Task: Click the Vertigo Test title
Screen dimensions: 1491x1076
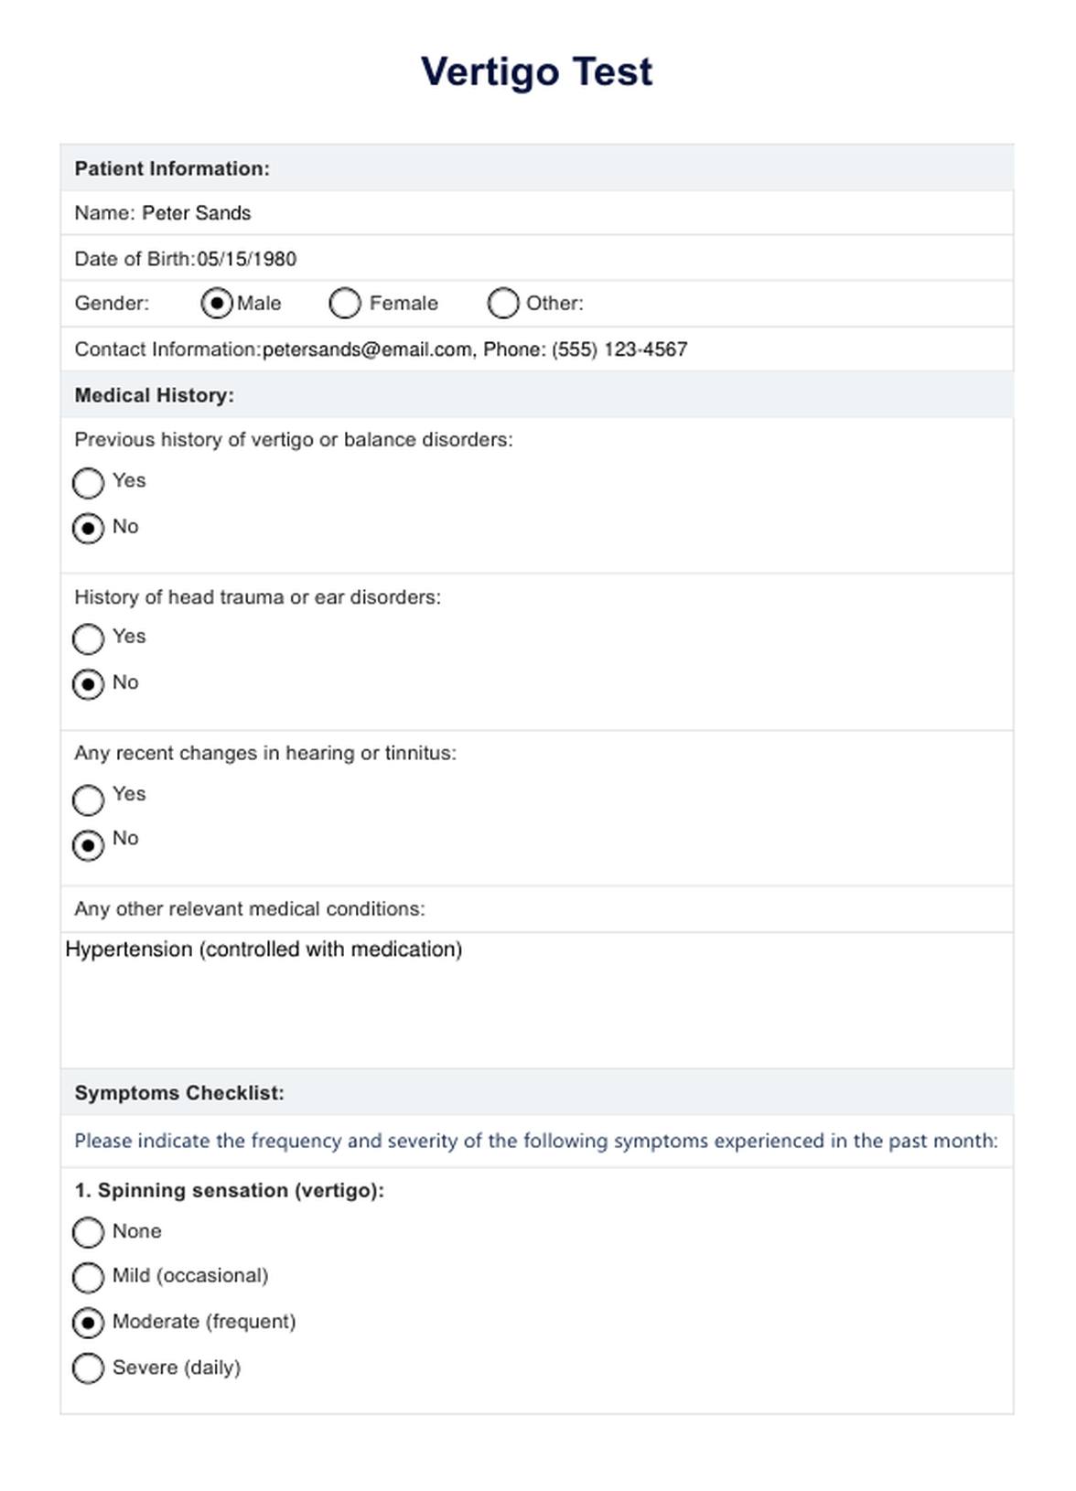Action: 537,71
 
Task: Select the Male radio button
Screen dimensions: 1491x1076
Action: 217,303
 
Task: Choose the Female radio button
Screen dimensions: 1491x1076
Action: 345,303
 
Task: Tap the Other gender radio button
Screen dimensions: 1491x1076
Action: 503,303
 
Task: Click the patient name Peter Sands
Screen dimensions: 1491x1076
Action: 196,213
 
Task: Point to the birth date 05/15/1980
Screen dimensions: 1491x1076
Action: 247,259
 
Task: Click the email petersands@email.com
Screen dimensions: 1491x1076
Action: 367,349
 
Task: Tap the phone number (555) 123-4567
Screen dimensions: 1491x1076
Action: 619,349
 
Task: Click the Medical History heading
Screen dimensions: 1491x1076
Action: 154,395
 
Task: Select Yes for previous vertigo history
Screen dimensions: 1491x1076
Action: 88,483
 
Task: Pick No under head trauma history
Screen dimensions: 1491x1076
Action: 88,684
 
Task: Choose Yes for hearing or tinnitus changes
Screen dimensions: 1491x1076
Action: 88,799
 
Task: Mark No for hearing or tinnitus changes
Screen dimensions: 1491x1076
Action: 88,845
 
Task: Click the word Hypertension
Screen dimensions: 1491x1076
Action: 129,949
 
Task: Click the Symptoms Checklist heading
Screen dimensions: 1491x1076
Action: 179,1093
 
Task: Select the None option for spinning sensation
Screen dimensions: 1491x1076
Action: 88,1232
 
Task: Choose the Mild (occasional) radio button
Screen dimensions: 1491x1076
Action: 88,1277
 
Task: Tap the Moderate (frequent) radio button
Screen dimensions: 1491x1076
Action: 88,1323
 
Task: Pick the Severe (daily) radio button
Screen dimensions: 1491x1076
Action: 88,1368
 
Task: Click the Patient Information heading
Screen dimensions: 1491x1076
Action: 172,168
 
